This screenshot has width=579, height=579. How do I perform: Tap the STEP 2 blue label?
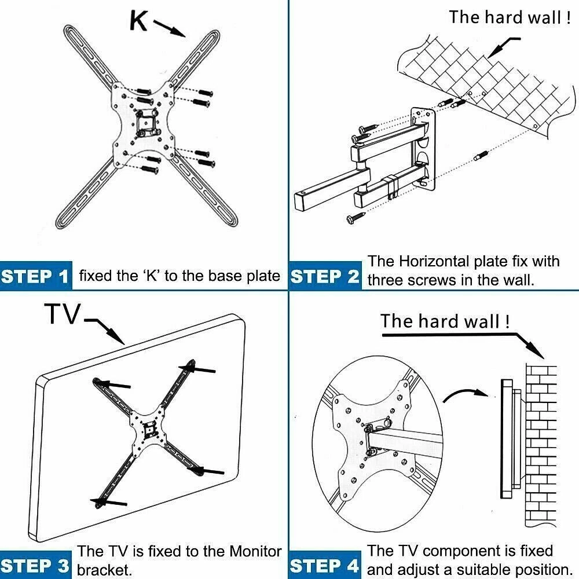coord(325,276)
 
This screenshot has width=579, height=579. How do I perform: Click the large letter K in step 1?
coord(139,20)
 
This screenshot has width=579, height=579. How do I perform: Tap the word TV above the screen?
coord(63,314)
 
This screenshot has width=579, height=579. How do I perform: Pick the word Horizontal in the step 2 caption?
coord(442,261)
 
